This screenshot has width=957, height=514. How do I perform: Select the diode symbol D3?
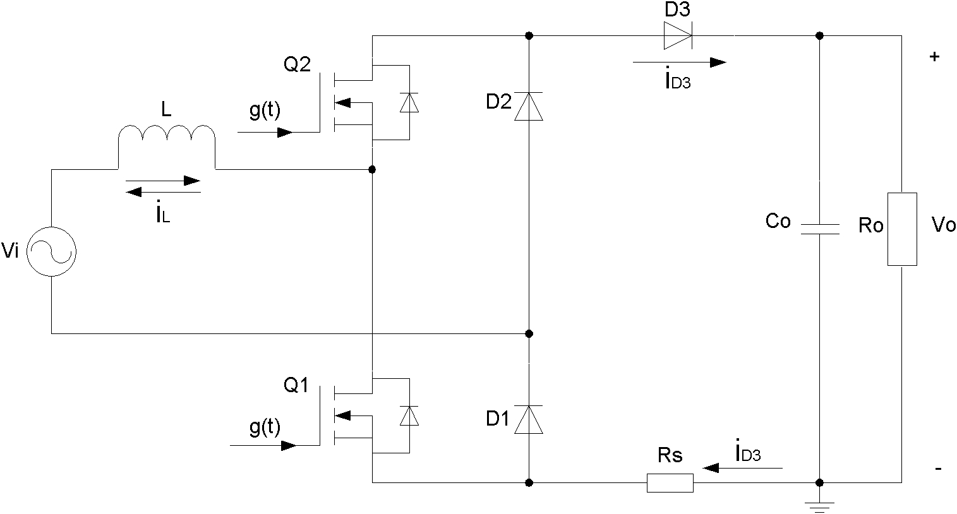(678, 35)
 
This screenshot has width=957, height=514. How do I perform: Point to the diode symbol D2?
(529, 106)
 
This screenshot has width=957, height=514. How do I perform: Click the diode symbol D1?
(529, 420)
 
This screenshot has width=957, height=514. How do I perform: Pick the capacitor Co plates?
(819, 229)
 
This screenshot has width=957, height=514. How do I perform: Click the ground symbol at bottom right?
(819, 507)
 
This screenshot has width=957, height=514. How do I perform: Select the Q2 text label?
(297, 65)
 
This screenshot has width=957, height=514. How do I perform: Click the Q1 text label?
(296, 385)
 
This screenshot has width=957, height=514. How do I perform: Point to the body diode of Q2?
(409, 102)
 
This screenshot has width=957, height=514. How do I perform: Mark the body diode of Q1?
(409, 416)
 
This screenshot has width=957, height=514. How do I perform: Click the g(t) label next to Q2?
(265, 111)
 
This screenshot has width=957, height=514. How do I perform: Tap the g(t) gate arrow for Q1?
(263, 446)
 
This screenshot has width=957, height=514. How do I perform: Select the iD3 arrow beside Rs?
(742, 469)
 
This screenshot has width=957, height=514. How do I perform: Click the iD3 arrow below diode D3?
(679, 63)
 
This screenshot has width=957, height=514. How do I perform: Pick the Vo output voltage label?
(943, 225)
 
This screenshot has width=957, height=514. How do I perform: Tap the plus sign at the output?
(935, 57)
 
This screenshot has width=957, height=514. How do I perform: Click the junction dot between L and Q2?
(372, 169)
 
